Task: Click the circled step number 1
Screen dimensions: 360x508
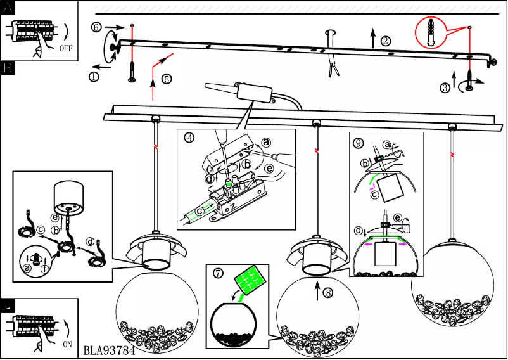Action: pyautogui.click(x=94, y=76)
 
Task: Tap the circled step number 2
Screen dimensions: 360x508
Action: pyautogui.click(x=386, y=41)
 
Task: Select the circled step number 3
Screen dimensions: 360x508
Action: pyautogui.click(x=446, y=87)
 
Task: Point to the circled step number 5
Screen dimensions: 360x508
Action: pyautogui.click(x=166, y=79)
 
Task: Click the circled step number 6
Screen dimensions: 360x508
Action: pyautogui.click(x=96, y=27)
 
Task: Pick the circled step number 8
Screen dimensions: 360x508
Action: pyautogui.click(x=327, y=293)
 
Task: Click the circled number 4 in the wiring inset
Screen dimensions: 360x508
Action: pyautogui.click(x=189, y=137)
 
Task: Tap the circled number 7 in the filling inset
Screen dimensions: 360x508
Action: pyautogui.click(x=218, y=274)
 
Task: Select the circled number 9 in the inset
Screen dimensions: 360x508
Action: pyautogui.click(x=359, y=143)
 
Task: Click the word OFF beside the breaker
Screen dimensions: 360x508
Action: pyautogui.click(x=65, y=48)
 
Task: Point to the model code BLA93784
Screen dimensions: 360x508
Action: pyautogui.click(x=109, y=350)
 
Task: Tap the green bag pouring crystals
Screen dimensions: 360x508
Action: pyautogui.click(x=251, y=281)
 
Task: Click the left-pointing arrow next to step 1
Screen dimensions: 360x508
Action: pyautogui.click(x=98, y=65)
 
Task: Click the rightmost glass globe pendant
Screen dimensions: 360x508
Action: pyautogui.click(x=450, y=285)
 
